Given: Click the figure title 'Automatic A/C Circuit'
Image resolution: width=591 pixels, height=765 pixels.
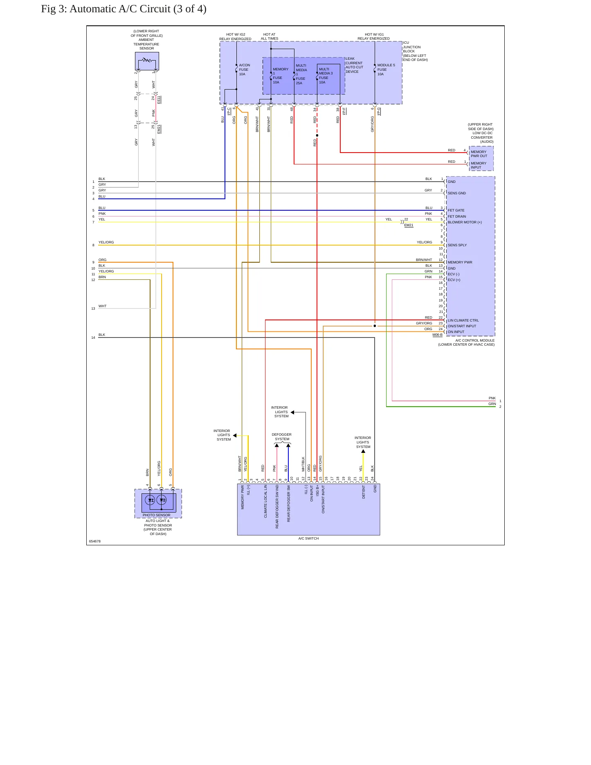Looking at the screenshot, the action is point(120,9).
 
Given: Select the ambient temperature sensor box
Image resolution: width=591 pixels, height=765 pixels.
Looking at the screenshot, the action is point(147,61).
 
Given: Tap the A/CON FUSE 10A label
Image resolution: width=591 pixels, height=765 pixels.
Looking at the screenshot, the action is point(244,70).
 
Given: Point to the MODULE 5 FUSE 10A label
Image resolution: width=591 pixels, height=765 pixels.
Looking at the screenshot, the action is point(386,70).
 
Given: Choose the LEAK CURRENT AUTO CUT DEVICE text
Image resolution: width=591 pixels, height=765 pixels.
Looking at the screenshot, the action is point(354,65).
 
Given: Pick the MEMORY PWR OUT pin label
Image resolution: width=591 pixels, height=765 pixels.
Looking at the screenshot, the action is point(479,154).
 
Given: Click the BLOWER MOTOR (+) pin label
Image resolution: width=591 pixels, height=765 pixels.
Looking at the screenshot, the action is point(465,222).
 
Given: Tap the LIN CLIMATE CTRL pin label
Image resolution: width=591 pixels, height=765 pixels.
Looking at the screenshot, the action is point(463,320).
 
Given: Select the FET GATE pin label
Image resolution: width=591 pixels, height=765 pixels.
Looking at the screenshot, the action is point(456,210).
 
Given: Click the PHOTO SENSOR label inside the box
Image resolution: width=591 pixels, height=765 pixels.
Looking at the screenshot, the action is point(156,515).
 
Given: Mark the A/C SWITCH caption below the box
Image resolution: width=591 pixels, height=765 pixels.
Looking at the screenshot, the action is point(308,538).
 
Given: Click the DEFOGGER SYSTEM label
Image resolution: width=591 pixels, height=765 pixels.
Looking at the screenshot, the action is point(282,437).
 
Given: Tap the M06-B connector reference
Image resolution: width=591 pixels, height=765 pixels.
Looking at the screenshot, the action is point(437,335).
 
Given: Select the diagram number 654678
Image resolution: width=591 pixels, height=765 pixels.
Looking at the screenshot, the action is point(94,541).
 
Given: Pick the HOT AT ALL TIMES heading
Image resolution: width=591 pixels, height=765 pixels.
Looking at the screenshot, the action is point(270,36).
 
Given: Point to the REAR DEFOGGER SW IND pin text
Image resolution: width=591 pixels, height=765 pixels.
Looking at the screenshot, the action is point(277,507).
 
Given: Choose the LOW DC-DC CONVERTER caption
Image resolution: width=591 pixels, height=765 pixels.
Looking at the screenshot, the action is point(482,135).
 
